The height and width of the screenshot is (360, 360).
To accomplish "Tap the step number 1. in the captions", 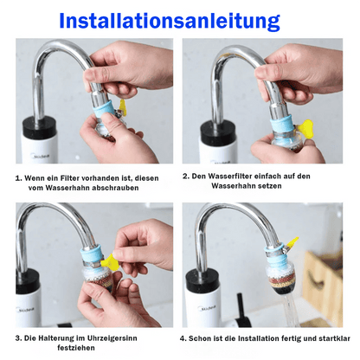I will (x=18, y=177).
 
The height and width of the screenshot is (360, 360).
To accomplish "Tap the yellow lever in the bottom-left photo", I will (x=110, y=261).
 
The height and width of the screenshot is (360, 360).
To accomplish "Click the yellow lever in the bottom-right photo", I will (x=292, y=243).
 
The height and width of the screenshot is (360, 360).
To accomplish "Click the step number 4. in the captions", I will (x=183, y=338).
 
